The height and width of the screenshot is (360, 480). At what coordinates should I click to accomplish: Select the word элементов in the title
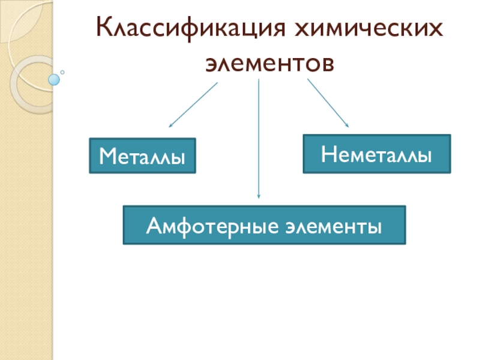[268, 63]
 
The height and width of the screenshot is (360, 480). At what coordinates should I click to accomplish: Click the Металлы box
[143, 156]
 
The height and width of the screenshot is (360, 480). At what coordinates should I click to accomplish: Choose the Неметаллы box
[376, 154]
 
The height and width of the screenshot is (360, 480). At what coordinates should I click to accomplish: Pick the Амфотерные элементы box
[264, 225]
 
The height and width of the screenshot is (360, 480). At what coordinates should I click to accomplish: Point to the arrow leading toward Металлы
[193, 105]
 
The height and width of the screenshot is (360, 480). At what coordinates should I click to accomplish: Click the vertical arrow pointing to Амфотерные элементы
[259, 138]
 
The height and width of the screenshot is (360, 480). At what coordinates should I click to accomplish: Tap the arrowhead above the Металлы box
[170, 126]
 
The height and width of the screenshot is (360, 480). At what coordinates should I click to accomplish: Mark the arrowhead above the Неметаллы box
[347, 124]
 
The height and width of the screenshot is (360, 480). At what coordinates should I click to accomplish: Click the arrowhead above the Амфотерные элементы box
[259, 196]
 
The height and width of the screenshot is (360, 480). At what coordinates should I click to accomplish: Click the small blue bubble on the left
[55, 79]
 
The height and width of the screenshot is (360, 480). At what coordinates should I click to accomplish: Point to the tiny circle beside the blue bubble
[62, 72]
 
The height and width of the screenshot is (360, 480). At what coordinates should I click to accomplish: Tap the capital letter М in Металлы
[107, 157]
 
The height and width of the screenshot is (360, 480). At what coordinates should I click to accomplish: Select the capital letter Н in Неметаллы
[328, 154]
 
